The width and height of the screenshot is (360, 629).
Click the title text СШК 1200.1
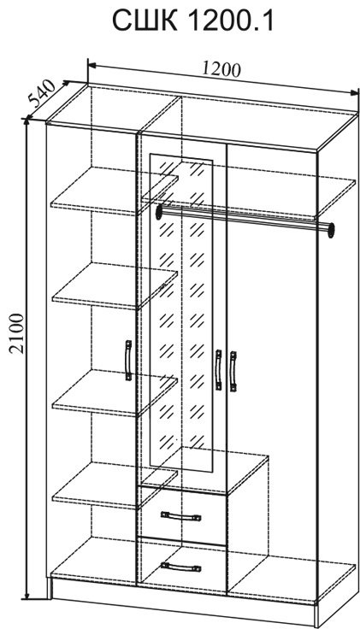(192, 21)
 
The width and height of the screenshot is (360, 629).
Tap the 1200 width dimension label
(221, 70)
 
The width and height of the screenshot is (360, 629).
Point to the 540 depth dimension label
(42, 93)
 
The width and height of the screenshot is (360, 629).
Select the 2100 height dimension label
(18, 333)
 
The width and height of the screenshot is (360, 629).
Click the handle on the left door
(128, 360)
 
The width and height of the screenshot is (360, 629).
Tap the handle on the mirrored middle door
(218, 369)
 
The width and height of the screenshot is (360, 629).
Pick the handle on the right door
(233, 371)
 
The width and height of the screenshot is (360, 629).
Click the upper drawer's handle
(180, 516)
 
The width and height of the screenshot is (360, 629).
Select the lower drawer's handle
(180, 567)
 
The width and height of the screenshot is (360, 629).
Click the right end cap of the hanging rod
(331, 229)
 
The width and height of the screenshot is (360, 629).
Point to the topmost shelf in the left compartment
(115, 191)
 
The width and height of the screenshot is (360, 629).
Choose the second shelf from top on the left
(115, 286)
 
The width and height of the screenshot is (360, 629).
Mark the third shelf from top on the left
(115, 393)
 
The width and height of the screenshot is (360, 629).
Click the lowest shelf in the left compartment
(115, 485)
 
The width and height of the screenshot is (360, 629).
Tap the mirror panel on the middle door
(181, 314)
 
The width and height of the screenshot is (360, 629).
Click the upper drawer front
(182, 515)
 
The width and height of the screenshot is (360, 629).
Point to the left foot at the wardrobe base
(50, 590)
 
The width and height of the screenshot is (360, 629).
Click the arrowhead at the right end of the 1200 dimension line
(355, 92)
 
